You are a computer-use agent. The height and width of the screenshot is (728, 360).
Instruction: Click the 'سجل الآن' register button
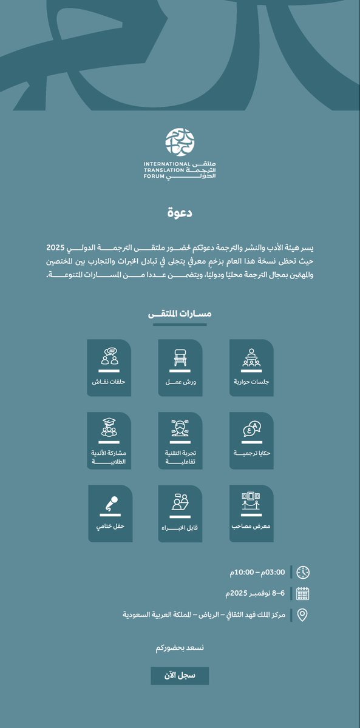pyautogui.click(x=180, y=676)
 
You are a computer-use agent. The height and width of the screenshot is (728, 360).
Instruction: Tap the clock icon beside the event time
pyautogui.click(x=303, y=572)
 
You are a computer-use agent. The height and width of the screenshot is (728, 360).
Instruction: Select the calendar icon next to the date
pyautogui.click(x=303, y=593)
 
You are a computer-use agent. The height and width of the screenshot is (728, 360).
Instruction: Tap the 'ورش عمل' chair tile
pyautogui.click(x=180, y=368)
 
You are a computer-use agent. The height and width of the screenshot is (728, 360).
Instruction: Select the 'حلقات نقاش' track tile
pyautogui.click(x=109, y=368)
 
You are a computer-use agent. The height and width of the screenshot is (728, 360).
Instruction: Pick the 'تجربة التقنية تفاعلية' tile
pyautogui.click(x=180, y=440)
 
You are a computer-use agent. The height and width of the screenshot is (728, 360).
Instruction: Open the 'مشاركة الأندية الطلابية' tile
pyautogui.click(x=109, y=440)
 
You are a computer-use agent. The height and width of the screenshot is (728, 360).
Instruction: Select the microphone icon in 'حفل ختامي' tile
pyautogui.click(x=110, y=503)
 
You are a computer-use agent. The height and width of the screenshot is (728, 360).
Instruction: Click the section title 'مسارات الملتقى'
pyautogui.click(x=180, y=314)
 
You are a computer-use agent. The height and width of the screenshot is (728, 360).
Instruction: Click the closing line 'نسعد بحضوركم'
pyautogui.click(x=180, y=648)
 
